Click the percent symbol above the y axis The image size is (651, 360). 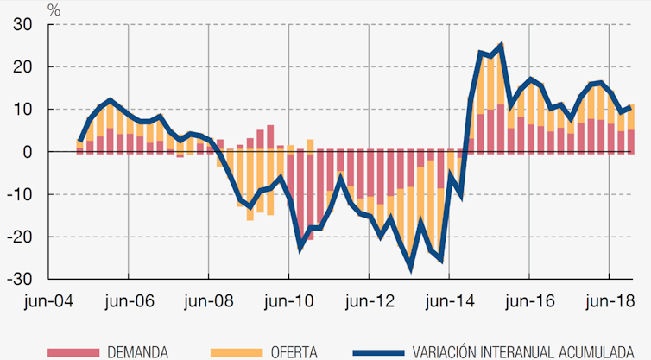click(x=54, y=9)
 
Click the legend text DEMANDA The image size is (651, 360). click(x=137, y=351)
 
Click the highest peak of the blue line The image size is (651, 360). click(x=501, y=46)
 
